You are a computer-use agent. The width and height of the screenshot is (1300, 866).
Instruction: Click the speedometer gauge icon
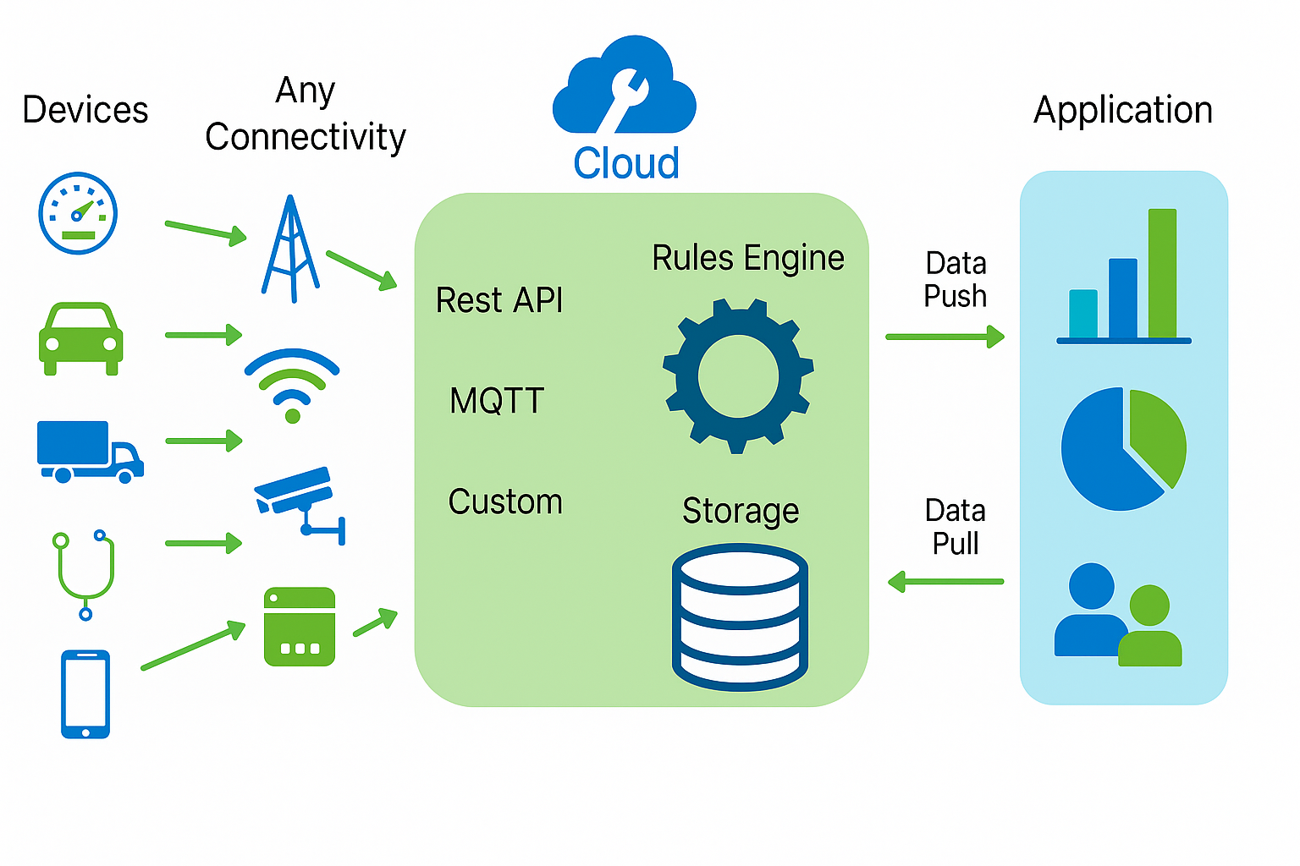pyautogui.click(x=78, y=213)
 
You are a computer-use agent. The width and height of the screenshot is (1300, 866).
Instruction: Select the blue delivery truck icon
pyautogui.click(x=89, y=451)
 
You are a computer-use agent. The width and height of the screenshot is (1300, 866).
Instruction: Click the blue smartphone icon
pyautogui.click(x=85, y=693)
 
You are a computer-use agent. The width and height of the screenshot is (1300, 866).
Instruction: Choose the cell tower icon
pyautogui.click(x=290, y=249)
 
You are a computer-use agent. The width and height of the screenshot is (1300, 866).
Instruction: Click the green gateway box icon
pyautogui.click(x=300, y=627)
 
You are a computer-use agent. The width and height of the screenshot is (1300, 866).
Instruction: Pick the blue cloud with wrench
pyautogui.click(x=625, y=89)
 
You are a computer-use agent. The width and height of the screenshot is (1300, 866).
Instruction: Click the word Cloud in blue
pyautogui.click(x=626, y=163)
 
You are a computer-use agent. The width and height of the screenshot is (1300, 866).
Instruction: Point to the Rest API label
pyautogui.click(x=499, y=300)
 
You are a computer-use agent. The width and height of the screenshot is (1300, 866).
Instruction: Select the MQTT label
pyautogui.click(x=497, y=401)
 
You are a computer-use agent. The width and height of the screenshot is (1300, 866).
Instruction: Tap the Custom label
pyautogui.click(x=505, y=502)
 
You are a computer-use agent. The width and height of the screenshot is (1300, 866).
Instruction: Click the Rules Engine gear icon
pyautogui.click(x=738, y=375)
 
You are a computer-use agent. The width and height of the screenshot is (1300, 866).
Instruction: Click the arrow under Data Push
pyautogui.click(x=945, y=337)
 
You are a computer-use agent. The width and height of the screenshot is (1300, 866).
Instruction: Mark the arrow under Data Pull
pyautogui.click(x=945, y=582)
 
